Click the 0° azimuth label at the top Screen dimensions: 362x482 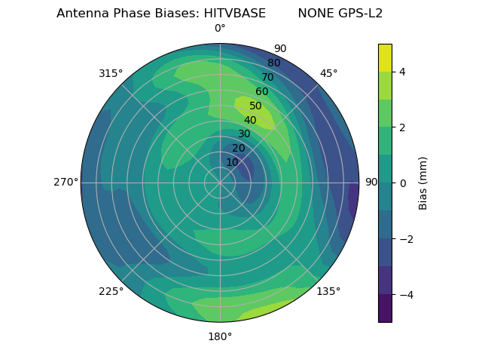click(220, 29)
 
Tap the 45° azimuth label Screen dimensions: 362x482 click(328, 73)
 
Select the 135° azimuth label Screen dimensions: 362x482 click(328, 291)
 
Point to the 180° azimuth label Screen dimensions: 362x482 click(220, 336)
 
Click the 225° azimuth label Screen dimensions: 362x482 click(111, 291)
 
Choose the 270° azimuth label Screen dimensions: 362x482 click(66, 183)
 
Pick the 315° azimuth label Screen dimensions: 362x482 click(111, 73)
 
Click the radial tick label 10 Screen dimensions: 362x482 click(232, 162)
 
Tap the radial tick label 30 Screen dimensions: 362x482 click(244, 134)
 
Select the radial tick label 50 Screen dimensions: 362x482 click(256, 106)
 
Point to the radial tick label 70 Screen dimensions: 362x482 click(267, 78)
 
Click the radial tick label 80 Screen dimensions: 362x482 click(273, 63)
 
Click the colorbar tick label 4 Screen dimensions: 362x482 click(402, 72)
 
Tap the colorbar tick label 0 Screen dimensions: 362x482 click(402, 183)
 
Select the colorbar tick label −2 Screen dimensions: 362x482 click(404, 239)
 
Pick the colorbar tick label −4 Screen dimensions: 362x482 click(404, 294)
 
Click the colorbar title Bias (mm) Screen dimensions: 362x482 click(423, 183)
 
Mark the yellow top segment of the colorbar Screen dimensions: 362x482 click(385, 57)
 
